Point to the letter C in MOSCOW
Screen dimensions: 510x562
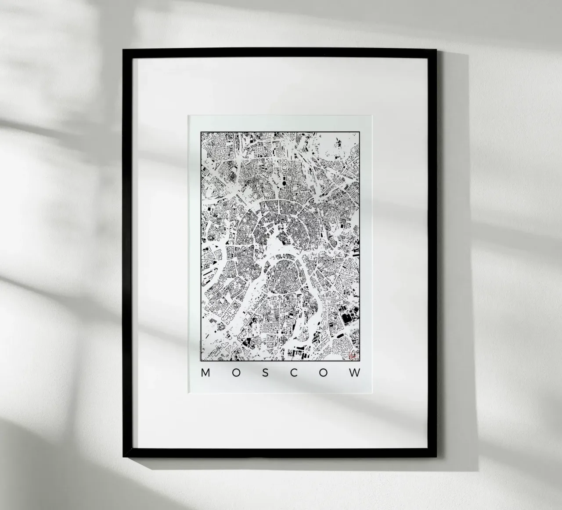tap(294, 373)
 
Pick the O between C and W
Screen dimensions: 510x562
tap(324, 373)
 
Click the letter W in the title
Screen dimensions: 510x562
tap(356, 373)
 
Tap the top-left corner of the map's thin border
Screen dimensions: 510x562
tap(201, 131)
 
